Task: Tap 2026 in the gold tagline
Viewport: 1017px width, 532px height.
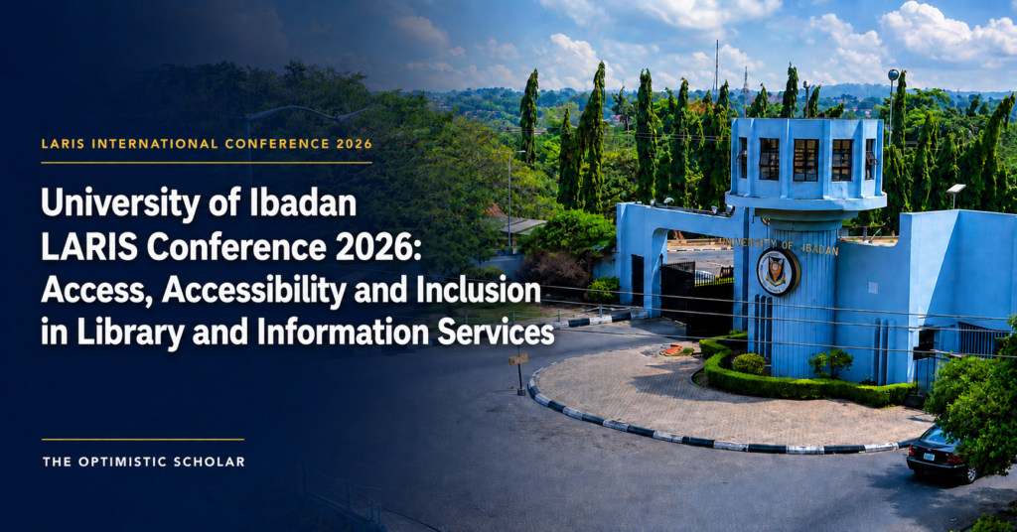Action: click(355, 144)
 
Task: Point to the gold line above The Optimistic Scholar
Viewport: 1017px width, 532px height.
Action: click(143, 440)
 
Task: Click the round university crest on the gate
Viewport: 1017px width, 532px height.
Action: click(779, 272)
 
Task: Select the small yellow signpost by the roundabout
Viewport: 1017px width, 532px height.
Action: click(518, 359)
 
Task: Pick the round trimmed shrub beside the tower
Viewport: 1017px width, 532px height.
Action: click(750, 363)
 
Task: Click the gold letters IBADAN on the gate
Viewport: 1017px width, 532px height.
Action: click(819, 249)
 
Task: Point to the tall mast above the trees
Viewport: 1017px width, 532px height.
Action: click(717, 65)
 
